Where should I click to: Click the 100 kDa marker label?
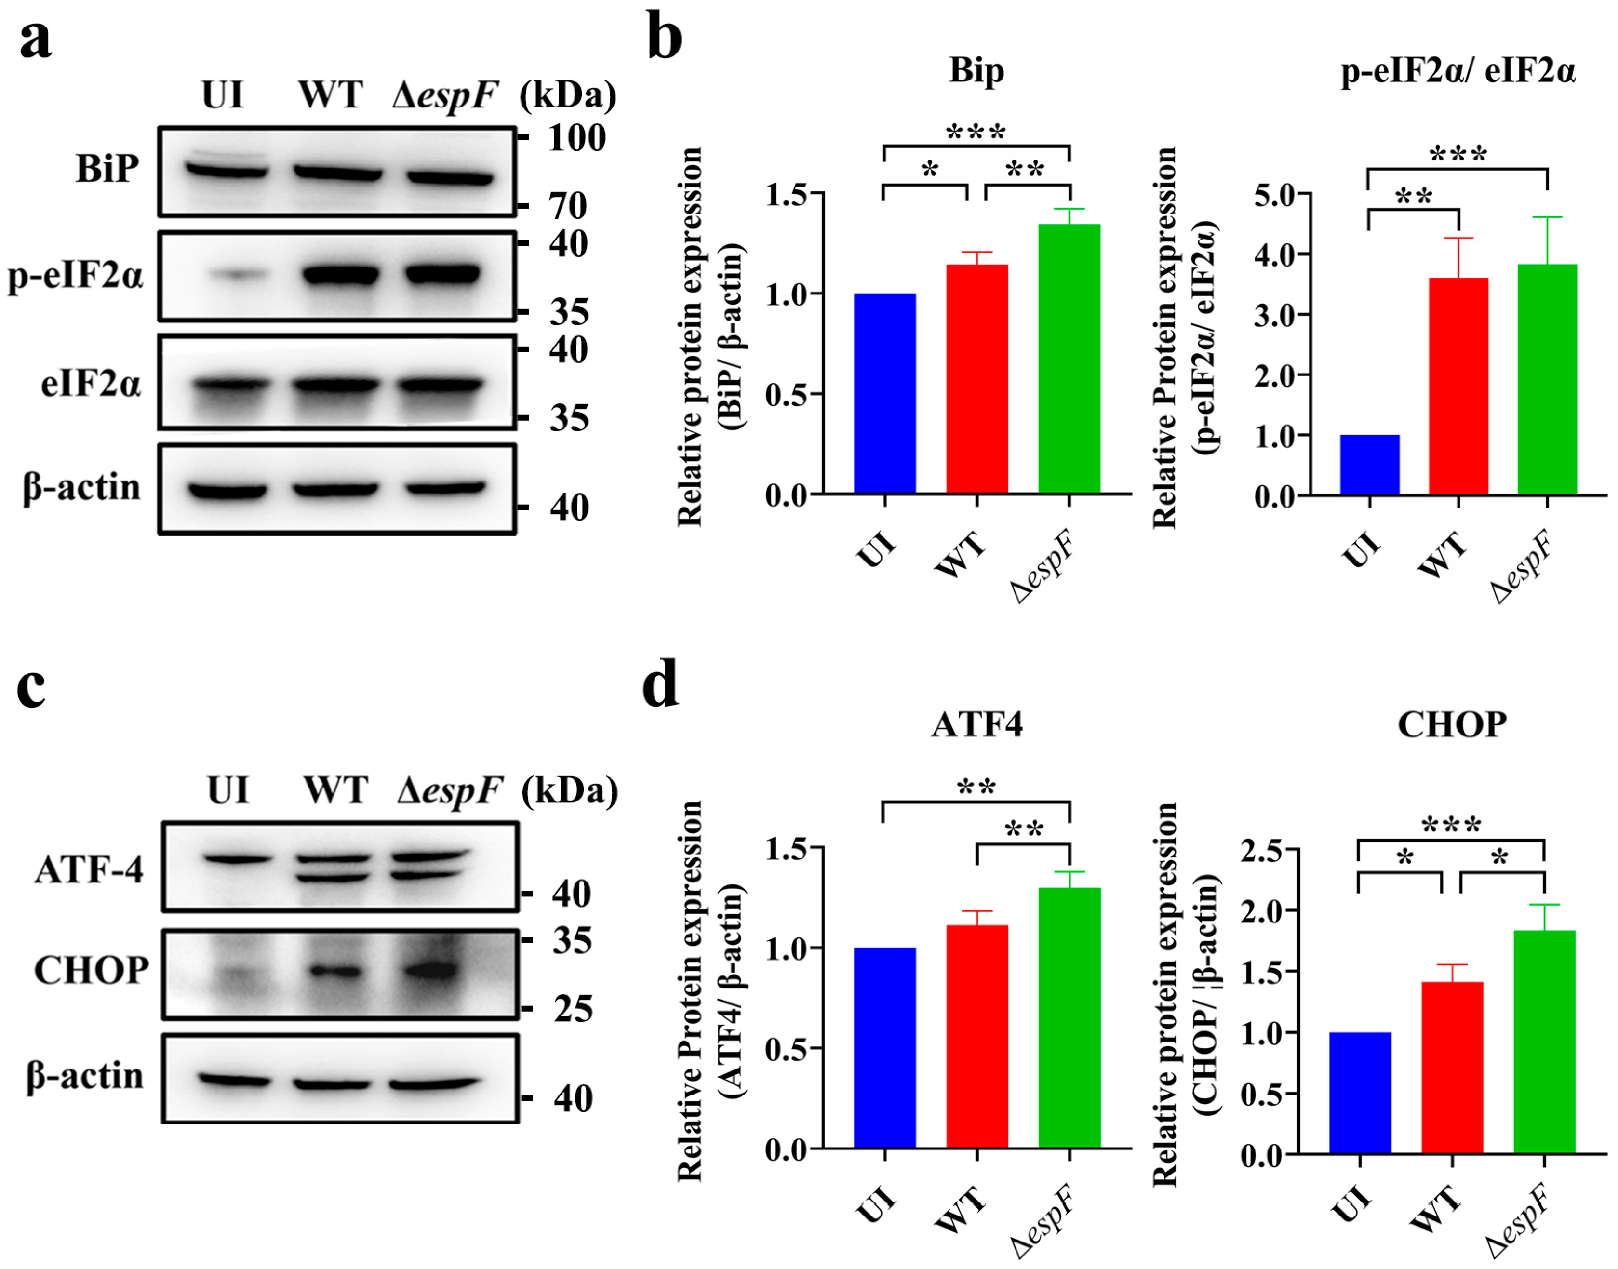576,138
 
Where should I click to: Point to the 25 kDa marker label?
573,1009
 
